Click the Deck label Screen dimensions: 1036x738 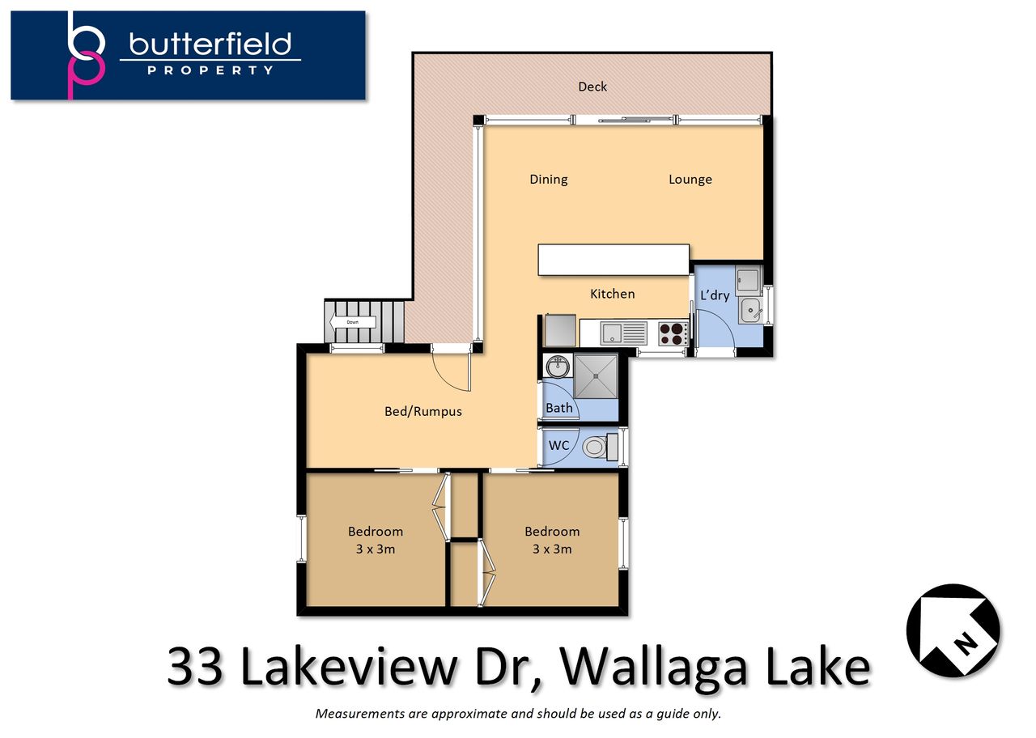click(x=592, y=87)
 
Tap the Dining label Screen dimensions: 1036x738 click(x=549, y=180)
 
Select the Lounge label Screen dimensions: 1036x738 click(x=690, y=180)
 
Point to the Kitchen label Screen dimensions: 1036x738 click(x=613, y=294)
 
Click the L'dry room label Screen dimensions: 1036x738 click(x=715, y=295)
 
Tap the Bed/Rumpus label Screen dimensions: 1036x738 click(x=423, y=411)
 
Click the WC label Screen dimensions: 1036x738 click(x=558, y=445)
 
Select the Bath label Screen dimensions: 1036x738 click(x=558, y=408)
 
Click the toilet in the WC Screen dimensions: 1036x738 click(x=601, y=447)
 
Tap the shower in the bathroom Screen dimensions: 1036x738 click(x=596, y=376)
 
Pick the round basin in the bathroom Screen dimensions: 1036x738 click(x=558, y=367)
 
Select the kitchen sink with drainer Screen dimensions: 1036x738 click(x=623, y=333)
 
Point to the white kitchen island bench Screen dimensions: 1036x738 click(x=614, y=260)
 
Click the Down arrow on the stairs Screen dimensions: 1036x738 click(x=352, y=322)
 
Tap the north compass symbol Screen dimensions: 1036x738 click(x=953, y=630)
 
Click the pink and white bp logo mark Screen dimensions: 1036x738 click(x=86, y=54)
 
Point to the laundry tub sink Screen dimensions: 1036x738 click(x=750, y=310)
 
